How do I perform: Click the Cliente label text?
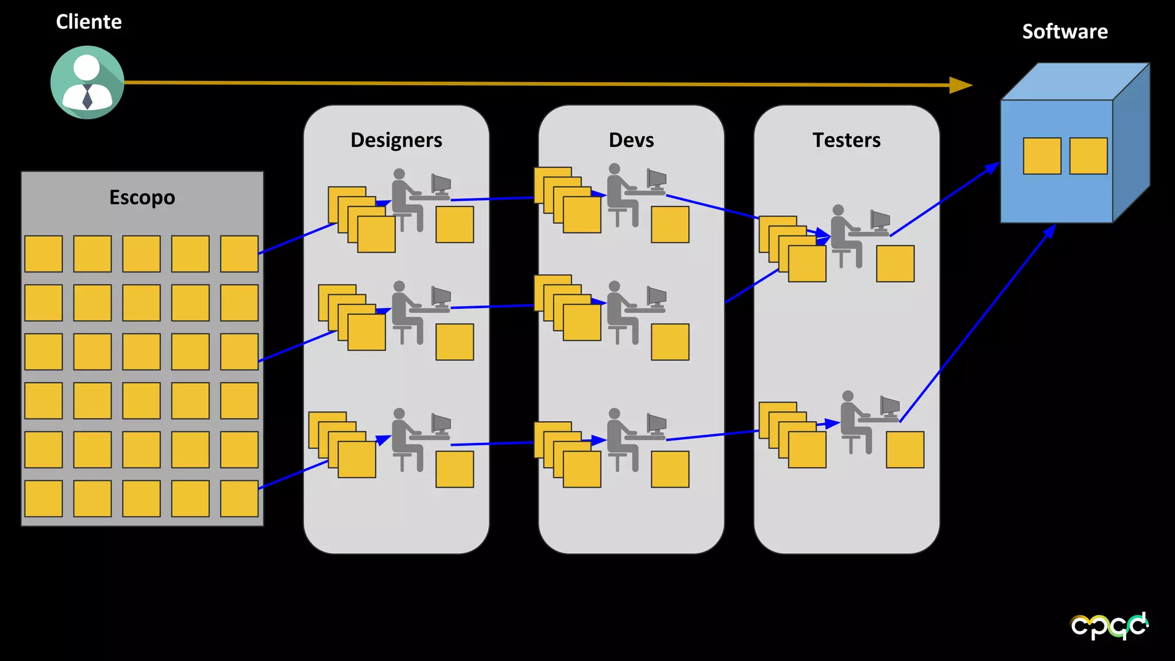point(89,22)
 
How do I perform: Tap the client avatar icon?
point(87,83)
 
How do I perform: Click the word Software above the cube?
point(1065,32)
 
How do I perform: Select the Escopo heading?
point(142,197)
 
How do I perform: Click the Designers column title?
point(396,140)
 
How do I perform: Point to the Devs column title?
point(631,140)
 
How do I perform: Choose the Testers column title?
point(846,140)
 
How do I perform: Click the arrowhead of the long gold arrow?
point(961,85)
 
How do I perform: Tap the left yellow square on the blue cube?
point(1042,155)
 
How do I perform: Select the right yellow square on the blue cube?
point(1088,155)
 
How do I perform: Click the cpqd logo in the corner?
point(1110,625)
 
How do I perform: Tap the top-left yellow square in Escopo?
point(44,254)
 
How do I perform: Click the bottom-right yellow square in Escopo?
point(239,498)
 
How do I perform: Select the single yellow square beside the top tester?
point(895,263)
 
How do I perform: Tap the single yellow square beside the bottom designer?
point(454,469)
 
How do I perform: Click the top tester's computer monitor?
point(880,220)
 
